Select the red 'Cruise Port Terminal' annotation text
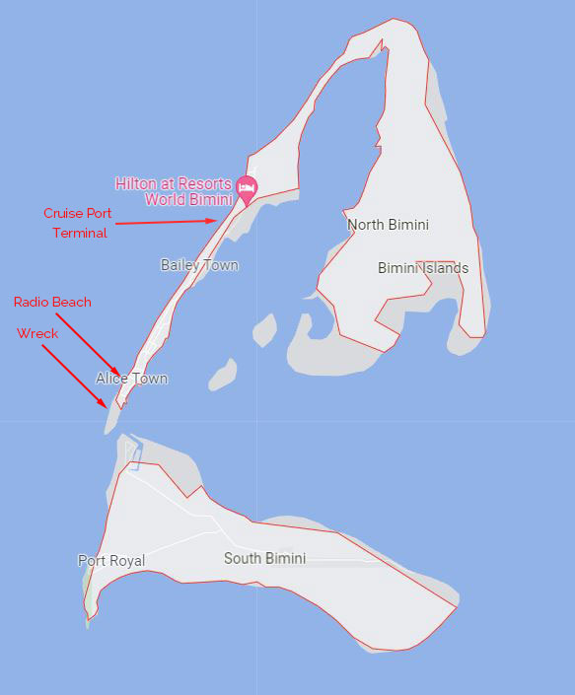pyautogui.click(x=77, y=223)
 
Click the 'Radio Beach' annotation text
pyautogui.click(x=52, y=302)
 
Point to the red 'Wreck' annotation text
pyautogui.click(x=37, y=333)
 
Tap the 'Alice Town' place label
pyautogui.click(x=131, y=379)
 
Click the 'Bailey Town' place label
pyautogui.click(x=199, y=264)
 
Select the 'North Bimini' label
pyautogui.click(x=388, y=225)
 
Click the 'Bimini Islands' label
pyautogui.click(x=423, y=268)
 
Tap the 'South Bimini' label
pyautogui.click(x=264, y=558)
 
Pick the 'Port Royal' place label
pyautogui.click(x=111, y=561)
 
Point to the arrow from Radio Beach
pyautogui.click(x=89, y=342)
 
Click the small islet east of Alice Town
pyautogui.click(x=223, y=375)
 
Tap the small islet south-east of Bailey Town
pyautogui.click(x=264, y=328)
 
